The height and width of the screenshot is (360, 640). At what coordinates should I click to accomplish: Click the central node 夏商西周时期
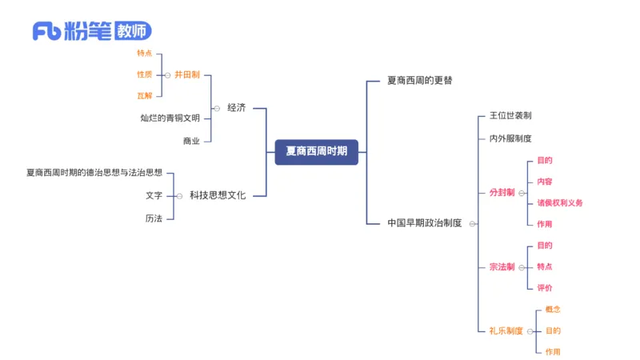(x=317, y=151)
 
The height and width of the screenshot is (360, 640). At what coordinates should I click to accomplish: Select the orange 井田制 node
(x=186, y=74)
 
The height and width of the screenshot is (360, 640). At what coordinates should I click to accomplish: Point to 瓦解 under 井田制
(x=144, y=96)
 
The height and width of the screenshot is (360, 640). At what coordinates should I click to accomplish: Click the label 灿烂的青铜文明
(x=170, y=118)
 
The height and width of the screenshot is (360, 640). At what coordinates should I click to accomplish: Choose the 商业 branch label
(x=192, y=140)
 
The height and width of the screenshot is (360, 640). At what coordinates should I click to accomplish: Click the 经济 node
(x=236, y=107)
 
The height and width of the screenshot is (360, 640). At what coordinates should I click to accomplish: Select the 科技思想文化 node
(x=218, y=194)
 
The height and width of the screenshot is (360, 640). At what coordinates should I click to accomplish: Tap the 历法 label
(x=154, y=218)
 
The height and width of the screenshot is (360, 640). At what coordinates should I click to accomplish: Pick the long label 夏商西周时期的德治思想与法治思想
(x=94, y=172)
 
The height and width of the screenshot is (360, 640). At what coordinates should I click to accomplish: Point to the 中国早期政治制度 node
(x=425, y=223)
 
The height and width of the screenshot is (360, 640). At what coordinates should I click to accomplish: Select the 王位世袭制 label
(x=510, y=116)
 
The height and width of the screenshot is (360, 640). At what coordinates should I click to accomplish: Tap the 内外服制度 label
(x=510, y=138)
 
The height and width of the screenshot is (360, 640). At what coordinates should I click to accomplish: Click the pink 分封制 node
(x=502, y=193)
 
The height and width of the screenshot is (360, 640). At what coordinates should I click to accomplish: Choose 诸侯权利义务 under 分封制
(x=560, y=203)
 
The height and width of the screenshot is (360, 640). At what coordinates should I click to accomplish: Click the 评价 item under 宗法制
(x=544, y=288)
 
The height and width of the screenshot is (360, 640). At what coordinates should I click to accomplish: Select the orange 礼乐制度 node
(x=506, y=330)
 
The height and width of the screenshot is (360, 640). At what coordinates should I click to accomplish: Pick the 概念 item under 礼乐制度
(x=553, y=310)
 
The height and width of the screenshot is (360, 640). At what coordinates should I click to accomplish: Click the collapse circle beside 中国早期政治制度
(x=473, y=224)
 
